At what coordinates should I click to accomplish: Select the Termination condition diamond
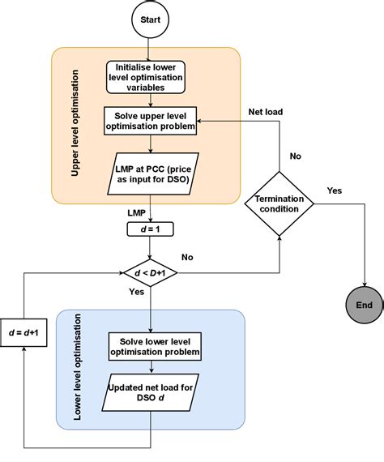[x=278, y=203]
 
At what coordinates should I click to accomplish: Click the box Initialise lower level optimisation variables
[x=146, y=78]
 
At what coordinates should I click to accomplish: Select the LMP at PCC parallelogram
[x=151, y=173]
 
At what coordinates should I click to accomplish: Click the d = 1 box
[x=151, y=229]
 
